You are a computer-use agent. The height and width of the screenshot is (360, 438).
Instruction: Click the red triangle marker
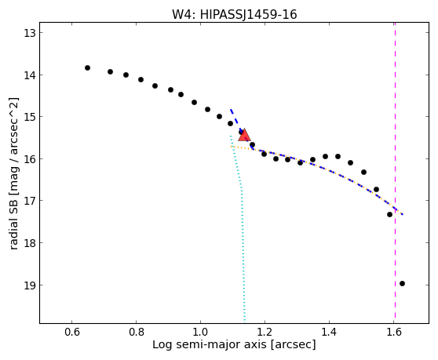pos(244,135)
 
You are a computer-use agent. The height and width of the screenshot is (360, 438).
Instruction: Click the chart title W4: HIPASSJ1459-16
pos(234,15)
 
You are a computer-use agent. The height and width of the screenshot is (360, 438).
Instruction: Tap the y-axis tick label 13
pos(29,33)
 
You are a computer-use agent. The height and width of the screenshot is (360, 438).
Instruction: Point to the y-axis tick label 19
pos(29,285)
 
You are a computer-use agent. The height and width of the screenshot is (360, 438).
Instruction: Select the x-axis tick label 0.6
pos(71,332)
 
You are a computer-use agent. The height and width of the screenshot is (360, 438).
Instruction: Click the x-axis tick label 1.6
pos(393,332)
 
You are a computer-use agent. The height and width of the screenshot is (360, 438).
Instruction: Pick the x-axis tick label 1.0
pos(200,332)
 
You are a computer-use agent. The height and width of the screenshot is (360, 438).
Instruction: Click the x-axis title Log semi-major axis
pos(210,344)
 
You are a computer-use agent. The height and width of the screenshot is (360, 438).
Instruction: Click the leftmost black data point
pos(87,67)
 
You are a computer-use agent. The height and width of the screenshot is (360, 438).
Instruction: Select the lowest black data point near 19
pos(402,284)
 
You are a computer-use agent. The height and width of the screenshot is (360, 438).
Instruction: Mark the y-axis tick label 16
pos(29,159)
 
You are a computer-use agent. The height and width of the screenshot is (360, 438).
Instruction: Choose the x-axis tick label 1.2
pos(265,332)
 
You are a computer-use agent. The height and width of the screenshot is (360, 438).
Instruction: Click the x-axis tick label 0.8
pos(136,332)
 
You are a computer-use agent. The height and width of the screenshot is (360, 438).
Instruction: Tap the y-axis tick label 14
pos(29,75)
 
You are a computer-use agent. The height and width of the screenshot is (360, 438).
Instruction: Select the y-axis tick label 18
pos(29,243)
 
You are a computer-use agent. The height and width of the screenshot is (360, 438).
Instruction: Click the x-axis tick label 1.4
pos(329,332)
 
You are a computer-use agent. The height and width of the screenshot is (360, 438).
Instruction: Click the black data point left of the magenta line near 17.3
pos(389,214)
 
